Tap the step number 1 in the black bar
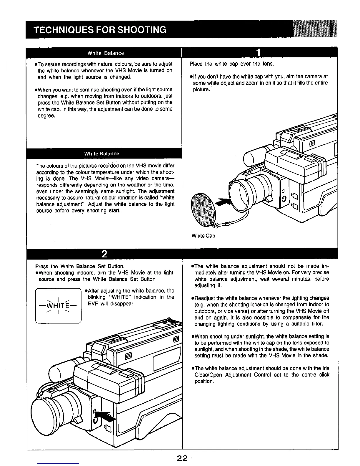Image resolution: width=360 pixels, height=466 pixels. [258, 53]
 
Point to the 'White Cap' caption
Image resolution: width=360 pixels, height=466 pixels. [203, 236]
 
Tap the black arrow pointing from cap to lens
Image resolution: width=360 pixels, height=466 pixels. [224, 202]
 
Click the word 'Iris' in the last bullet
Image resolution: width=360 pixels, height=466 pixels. [325, 368]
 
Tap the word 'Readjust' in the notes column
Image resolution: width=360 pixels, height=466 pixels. [205, 298]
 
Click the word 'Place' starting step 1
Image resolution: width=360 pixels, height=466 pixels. [196, 64]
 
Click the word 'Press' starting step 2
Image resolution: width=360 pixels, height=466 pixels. [41, 266]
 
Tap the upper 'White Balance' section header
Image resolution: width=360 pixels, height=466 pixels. [106, 53]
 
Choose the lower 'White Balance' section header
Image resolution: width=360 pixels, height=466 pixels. [101, 154]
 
